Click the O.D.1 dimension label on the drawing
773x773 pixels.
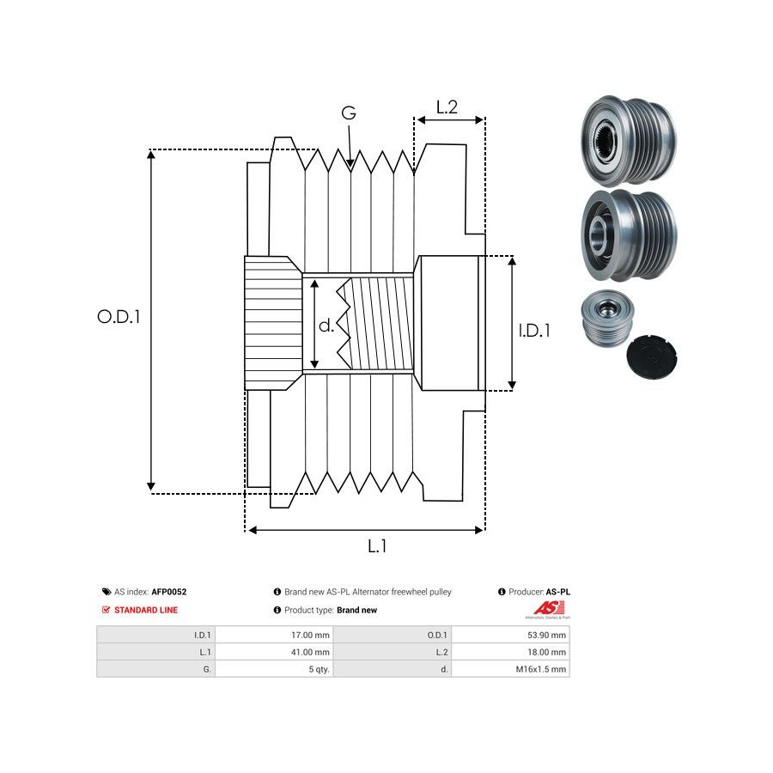click(x=119, y=317)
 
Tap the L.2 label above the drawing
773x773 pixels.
click(x=447, y=107)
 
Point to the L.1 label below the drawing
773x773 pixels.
click(x=377, y=545)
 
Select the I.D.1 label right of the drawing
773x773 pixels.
click(x=534, y=330)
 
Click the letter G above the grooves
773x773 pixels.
click(x=349, y=113)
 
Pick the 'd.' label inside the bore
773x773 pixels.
click(x=326, y=326)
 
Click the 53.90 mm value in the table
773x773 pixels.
click(x=547, y=636)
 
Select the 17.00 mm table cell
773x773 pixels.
click(x=311, y=636)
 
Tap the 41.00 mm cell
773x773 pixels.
click(x=311, y=652)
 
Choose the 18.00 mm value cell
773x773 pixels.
click(x=547, y=652)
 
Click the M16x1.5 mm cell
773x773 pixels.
click(x=542, y=669)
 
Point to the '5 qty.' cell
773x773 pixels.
click(x=319, y=669)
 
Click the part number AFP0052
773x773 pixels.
click(x=169, y=592)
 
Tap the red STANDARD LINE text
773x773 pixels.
click(x=146, y=610)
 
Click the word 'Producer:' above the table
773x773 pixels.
click(x=525, y=592)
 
